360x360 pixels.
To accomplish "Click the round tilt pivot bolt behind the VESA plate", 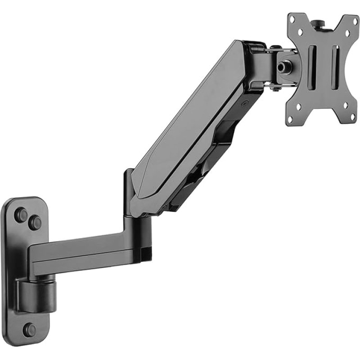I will coord(283,67).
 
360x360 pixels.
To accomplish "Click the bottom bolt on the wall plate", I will coord(30,330).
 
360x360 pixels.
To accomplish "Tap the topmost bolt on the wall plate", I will coord(21,215).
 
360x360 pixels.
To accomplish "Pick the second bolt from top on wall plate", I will coord(34,222).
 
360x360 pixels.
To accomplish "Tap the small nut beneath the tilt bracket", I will coord(273,89).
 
